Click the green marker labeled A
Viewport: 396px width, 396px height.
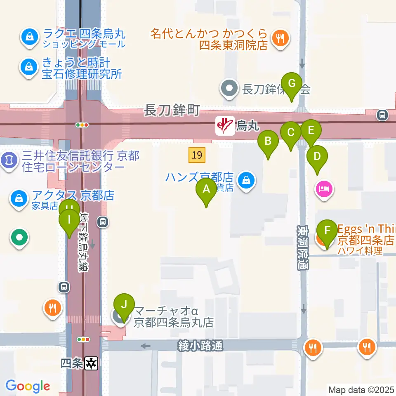coord(206,191)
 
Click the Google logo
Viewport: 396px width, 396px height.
coord(28,386)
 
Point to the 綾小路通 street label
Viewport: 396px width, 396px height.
coord(201,346)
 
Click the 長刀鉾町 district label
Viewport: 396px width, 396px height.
coord(172,110)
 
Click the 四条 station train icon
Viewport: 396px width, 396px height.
coord(91,363)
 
